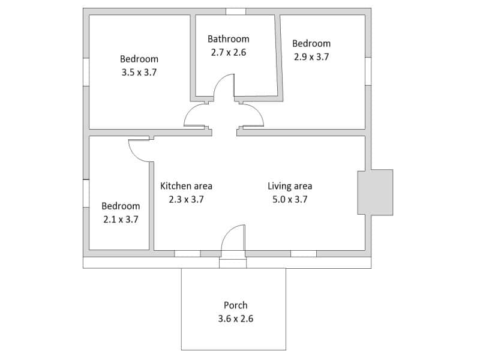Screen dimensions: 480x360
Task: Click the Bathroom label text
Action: pos(229,39)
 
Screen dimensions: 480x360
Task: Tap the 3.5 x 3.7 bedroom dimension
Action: pos(139,73)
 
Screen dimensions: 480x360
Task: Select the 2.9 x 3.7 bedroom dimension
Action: pos(311,57)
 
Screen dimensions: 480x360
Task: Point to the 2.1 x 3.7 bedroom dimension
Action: pos(121,220)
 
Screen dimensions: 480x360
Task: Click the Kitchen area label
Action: pos(186,186)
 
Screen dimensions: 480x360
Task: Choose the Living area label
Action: pos(290,186)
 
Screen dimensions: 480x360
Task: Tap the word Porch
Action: pos(235,305)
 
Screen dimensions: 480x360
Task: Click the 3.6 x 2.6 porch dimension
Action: pos(235,319)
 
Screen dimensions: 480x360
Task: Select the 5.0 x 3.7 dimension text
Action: pos(290,199)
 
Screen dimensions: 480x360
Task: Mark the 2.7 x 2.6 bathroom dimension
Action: pos(229,52)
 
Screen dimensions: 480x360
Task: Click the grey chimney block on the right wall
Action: pos(376,192)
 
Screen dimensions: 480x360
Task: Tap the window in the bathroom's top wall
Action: pos(236,11)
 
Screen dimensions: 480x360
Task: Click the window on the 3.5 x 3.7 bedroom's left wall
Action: pos(86,72)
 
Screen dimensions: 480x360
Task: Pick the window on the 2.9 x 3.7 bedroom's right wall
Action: pos(368,71)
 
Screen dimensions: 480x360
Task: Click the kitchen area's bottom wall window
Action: pos(187,254)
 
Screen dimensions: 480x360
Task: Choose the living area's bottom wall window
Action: pos(304,254)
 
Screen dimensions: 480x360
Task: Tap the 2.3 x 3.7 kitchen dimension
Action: pos(186,199)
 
